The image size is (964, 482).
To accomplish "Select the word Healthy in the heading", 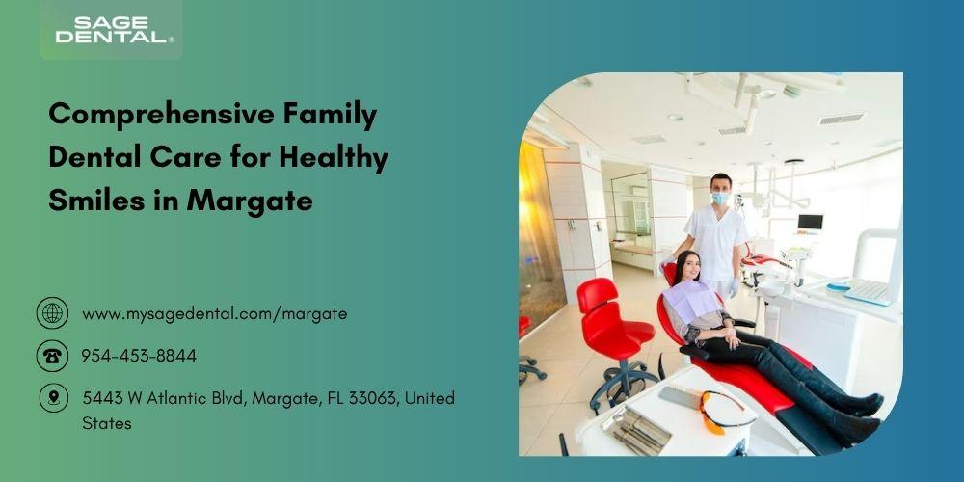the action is tap(334, 157).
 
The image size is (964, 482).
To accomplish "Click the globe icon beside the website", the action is tap(52, 313).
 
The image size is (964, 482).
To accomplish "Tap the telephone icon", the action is tap(52, 356).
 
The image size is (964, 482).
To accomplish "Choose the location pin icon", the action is tap(53, 398).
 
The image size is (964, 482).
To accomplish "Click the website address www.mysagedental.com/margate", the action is tap(215, 314).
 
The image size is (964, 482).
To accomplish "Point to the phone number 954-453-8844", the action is tap(139, 356).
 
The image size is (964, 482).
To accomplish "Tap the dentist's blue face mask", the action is tap(720, 198).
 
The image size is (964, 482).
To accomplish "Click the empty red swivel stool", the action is tap(615, 337).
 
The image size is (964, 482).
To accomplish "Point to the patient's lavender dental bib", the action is tap(691, 301).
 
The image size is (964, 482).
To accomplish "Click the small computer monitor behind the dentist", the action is tap(810, 222).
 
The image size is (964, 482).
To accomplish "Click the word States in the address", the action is tap(106, 423).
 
